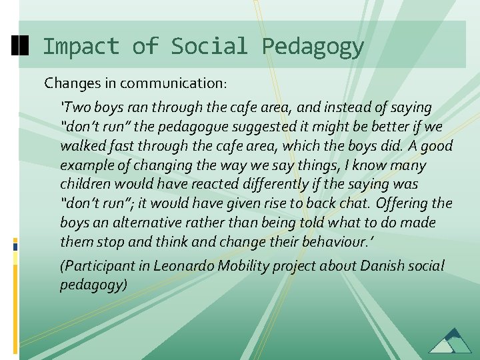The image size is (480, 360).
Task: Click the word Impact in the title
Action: tap(81, 47)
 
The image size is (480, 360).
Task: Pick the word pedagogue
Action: tap(214, 127)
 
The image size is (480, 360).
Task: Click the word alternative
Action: tap(155, 223)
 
